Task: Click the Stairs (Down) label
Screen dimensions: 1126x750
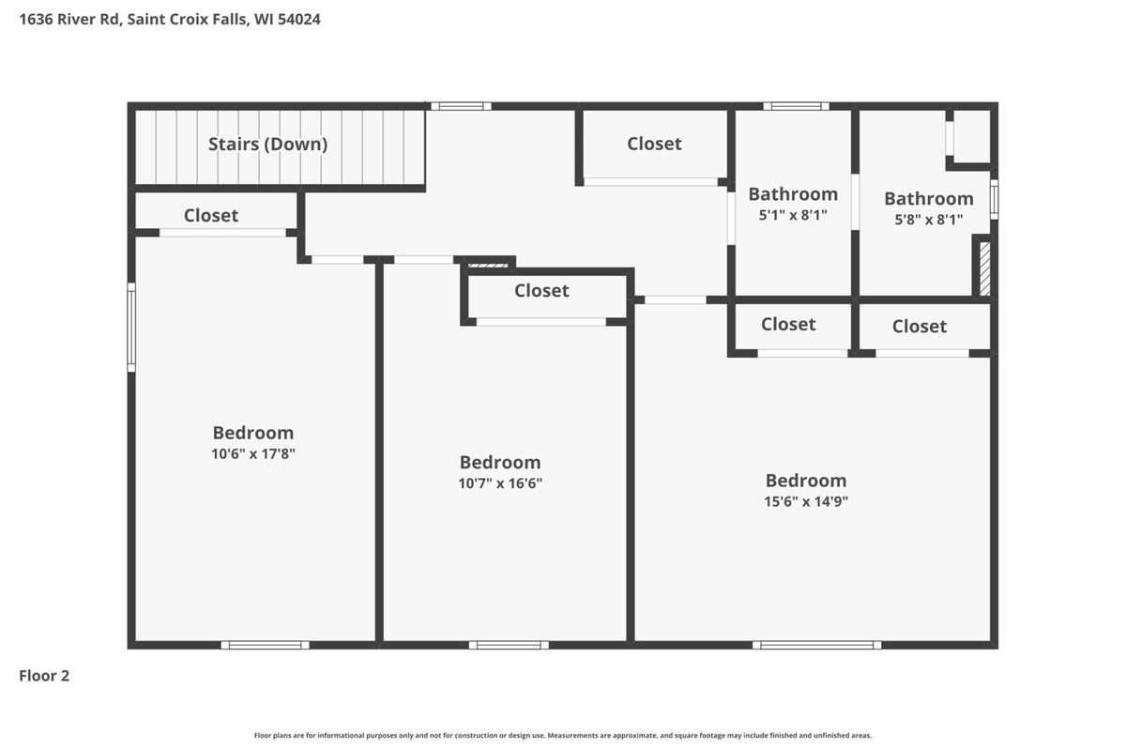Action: [x=268, y=145]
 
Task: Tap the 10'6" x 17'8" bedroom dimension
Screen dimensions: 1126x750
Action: [x=252, y=453]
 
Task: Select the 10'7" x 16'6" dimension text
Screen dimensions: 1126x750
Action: [x=500, y=483]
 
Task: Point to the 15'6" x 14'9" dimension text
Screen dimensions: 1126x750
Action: [x=806, y=501]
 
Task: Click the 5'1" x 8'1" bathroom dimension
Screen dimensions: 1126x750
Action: [x=793, y=215]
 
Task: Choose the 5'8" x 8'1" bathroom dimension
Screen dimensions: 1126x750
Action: [x=928, y=220]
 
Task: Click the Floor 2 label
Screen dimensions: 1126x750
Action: [x=44, y=676]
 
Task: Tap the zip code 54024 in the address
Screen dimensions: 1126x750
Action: [x=299, y=19]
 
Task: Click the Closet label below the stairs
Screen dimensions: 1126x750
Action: [x=211, y=215]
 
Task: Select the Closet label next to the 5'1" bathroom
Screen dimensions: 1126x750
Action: [x=655, y=144]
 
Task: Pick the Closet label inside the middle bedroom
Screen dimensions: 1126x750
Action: [x=541, y=291]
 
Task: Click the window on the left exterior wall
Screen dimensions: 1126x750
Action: [x=131, y=328]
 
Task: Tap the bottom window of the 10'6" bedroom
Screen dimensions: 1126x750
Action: [x=265, y=646]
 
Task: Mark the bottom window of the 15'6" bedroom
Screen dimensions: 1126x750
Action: [x=817, y=646]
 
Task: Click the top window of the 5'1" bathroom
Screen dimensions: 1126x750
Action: [x=797, y=106]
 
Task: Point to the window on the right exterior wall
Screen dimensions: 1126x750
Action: [x=995, y=199]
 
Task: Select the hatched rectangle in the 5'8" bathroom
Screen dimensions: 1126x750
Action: [x=985, y=269]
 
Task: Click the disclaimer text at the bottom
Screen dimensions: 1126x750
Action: [x=562, y=735]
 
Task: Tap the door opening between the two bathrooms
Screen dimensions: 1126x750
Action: [x=855, y=202]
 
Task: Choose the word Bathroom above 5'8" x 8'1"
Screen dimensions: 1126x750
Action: [x=929, y=199]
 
